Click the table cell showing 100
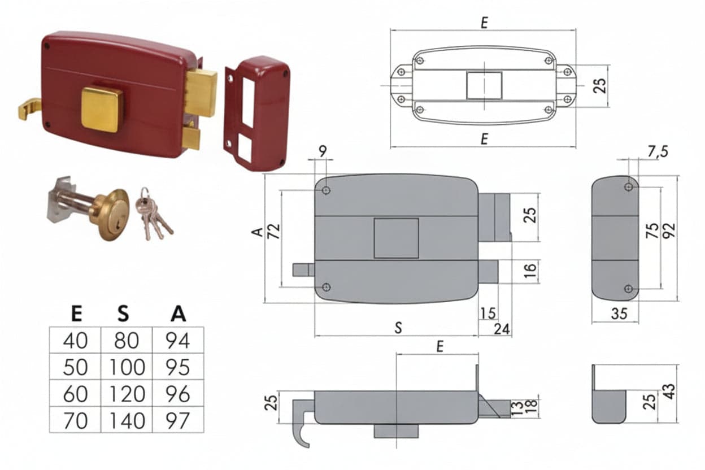pos(127,367)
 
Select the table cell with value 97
pos(178,420)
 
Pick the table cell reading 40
pos(76,341)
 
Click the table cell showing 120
pos(127,394)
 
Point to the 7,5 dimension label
pos(658,152)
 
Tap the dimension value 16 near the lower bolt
pos(530,271)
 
